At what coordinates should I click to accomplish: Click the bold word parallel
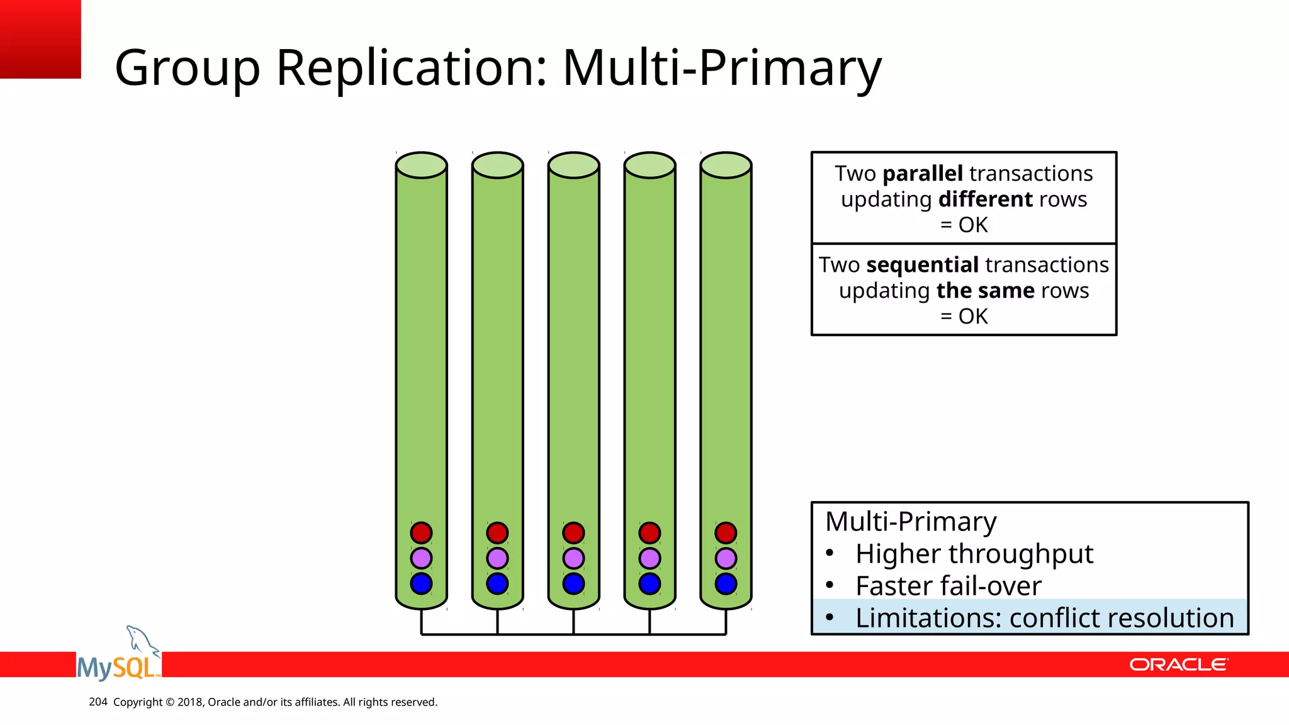point(923,174)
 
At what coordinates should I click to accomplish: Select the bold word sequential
point(922,265)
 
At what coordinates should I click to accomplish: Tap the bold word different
point(985,200)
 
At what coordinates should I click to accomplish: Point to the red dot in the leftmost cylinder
point(421,533)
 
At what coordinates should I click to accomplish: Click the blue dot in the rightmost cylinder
point(726,583)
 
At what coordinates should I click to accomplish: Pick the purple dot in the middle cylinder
point(573,558)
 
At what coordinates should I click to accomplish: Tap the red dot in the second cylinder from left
point(497,533)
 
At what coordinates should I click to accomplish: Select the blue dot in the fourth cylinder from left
point(650,583)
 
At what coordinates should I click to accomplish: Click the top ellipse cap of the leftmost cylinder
point(421,165)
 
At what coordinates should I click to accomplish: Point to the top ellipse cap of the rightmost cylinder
point(726,165)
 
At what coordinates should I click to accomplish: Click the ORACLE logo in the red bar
point(1178,665)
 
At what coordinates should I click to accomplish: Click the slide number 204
point(98,702)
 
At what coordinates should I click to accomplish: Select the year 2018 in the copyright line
point(190,702)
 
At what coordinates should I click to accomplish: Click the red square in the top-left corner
point(40,39)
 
